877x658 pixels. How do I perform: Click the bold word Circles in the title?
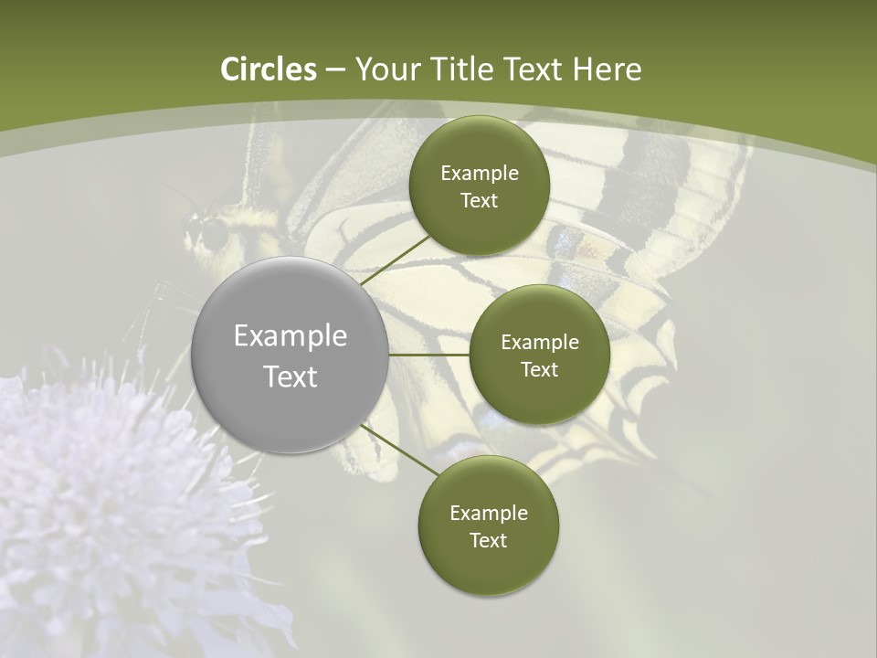pos(268,69)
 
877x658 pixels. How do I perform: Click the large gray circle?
pos(291,302)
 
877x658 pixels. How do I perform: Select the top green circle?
pos(479,146)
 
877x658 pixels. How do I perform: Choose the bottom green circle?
pos(489,493)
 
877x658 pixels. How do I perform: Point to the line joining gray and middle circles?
pos(429,355)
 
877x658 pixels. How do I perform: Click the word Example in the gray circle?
pos(291,336)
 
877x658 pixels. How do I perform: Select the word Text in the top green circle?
pos(479,201)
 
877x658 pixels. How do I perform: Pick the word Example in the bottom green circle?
pos(489,513)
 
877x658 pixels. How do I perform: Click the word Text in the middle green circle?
pos(539,370)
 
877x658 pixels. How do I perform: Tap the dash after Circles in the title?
pos(334,69)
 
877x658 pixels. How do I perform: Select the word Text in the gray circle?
pos(291,377)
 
